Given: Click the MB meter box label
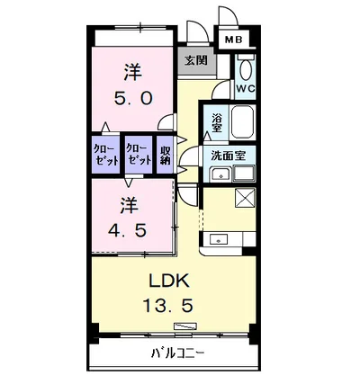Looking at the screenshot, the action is click(x=234, y=40).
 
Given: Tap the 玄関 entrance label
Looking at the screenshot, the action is click(x=196, y=60).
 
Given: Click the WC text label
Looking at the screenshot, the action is click(x=246, y=88).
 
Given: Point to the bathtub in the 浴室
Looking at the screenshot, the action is click(x=243, y=121).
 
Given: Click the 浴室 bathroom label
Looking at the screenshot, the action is click(x=217, y=122).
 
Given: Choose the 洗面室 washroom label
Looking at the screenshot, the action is click(x=229, y=156).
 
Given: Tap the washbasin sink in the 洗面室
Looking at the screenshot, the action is click(x=221, y=174).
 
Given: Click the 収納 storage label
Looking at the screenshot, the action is click(x=165, y=155).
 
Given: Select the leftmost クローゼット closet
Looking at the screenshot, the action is click(x=106, y=155).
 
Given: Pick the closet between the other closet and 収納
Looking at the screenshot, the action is click(x=139, y=155).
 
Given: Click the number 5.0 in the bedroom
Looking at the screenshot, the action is click(x=133, y=98).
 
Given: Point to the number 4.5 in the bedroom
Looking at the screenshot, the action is click(x=128, y=230).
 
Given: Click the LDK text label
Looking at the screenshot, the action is click(x=169, y=281).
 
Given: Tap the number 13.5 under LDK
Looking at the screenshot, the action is click(x=167, y=306).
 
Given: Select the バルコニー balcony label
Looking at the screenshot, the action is click(x=178, y=354).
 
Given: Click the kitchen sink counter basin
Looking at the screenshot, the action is click(x=219, y=240).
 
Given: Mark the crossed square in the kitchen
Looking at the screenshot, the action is click(x=246, y=197).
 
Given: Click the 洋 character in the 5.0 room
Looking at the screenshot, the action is click(x=133, y=72).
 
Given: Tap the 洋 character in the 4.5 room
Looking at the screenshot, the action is click(x=129, y=205).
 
